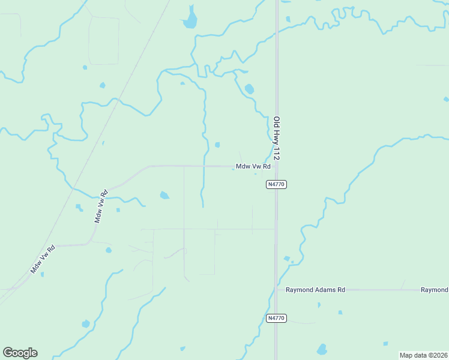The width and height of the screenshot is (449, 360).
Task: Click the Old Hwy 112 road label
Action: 277,137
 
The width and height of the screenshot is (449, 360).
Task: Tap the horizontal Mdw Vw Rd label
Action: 253,166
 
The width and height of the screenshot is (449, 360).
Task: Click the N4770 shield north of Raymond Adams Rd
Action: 277,184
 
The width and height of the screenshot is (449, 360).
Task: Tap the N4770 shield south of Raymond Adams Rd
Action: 277,318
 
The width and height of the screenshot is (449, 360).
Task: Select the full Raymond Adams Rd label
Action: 315,290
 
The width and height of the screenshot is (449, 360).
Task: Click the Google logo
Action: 20,353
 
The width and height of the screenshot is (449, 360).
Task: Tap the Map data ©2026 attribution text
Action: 423,355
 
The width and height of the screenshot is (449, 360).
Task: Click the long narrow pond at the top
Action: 190,19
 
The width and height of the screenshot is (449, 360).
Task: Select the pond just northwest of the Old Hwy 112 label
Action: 249,89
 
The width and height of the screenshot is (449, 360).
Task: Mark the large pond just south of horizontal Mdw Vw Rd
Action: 164,195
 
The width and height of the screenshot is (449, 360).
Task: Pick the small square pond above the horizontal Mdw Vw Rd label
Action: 217,145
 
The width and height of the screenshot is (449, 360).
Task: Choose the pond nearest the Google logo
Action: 86,324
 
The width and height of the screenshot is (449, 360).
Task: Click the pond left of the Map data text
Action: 322,349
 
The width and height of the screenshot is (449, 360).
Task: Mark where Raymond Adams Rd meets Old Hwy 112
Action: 276,290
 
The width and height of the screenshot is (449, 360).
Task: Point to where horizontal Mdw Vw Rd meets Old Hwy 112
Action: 276,166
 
